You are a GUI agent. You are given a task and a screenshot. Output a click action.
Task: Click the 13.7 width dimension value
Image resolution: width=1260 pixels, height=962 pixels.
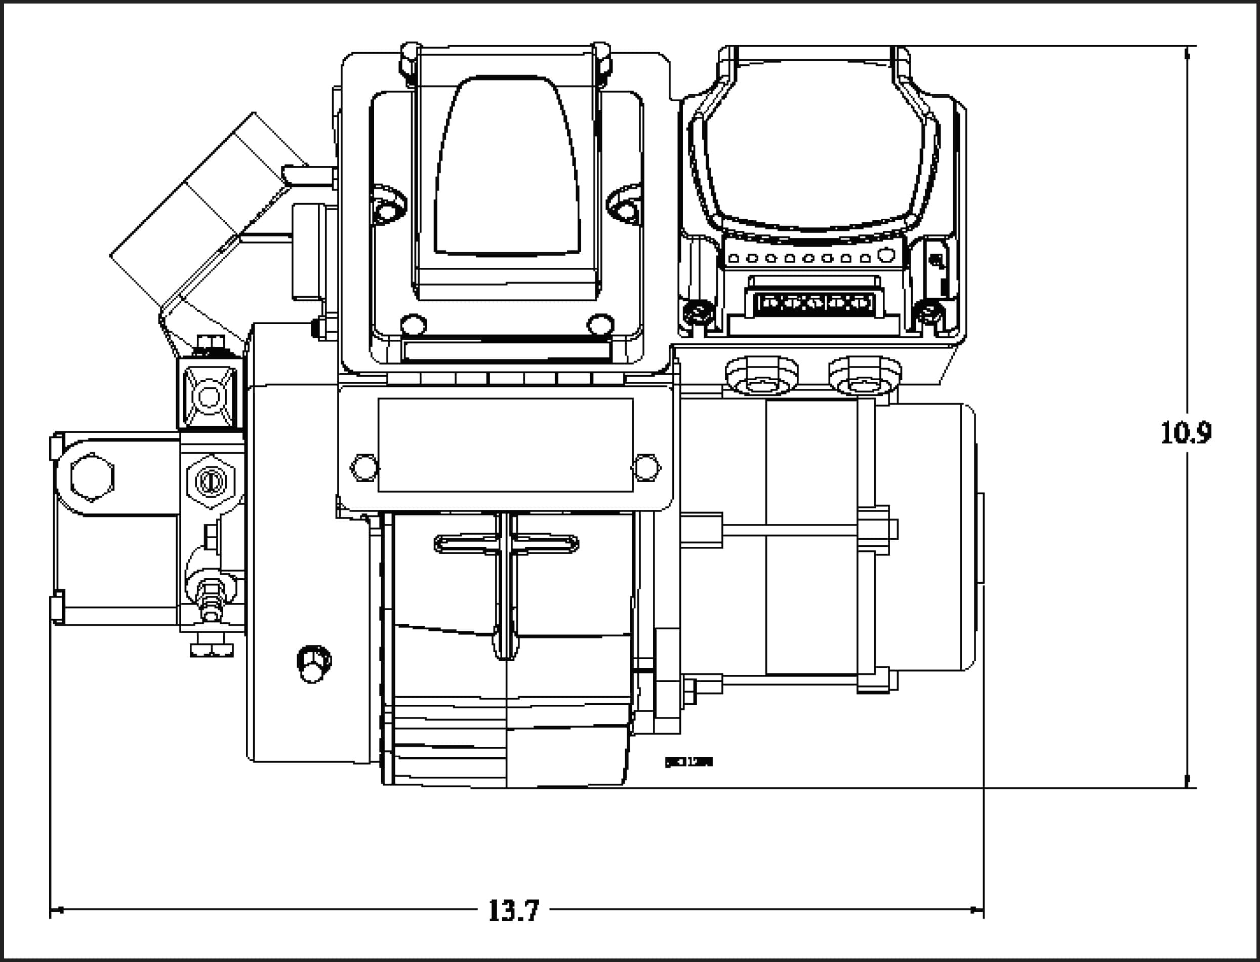point(513,910)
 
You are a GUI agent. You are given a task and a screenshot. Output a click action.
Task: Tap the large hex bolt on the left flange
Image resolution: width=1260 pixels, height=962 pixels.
point(92,477)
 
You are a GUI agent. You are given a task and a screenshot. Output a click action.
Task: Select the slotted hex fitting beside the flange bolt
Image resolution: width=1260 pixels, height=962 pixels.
point(211,482)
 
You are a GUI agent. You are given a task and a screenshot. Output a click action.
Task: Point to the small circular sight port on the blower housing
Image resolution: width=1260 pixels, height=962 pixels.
point(314,664)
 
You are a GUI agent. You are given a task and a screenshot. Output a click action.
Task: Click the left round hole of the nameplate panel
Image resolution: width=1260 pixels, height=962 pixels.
point(364,467)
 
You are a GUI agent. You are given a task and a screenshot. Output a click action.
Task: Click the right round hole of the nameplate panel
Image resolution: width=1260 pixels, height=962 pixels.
point(647,467)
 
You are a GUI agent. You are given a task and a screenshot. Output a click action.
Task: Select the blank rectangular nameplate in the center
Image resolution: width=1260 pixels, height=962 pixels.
point(506,445)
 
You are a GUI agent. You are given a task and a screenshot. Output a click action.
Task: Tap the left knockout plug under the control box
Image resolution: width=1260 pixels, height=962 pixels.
point(761,376)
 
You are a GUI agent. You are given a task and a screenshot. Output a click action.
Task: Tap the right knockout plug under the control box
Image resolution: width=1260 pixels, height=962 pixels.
point(865,376)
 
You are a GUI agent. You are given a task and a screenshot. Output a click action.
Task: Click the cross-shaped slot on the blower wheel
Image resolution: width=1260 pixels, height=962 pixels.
point(506,544)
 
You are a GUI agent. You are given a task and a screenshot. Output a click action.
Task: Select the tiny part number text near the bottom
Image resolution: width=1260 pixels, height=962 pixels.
point(688,762)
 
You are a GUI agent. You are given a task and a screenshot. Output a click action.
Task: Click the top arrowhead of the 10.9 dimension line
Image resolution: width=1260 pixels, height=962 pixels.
point(1186,53)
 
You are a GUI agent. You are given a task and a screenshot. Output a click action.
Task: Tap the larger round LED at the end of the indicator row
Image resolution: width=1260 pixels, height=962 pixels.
point(885,255)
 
